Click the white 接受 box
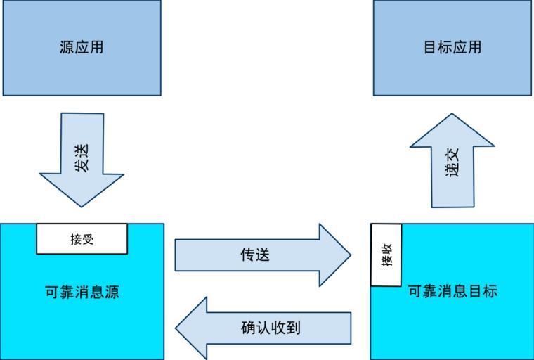[x=82, y=239]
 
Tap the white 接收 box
[x=386, y=255]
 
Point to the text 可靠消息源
[x=82, y=292]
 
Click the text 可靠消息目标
[x=452, y=291]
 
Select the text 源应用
[x=82, y=48]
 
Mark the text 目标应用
[x=452, y=48]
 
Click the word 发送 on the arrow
[x=82, y=157]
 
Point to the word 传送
[x=255, y=255]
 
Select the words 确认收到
[x=271, y=328]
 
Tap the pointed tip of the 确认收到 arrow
[x=178, y=328]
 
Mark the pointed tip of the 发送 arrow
[x=82, y=205]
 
